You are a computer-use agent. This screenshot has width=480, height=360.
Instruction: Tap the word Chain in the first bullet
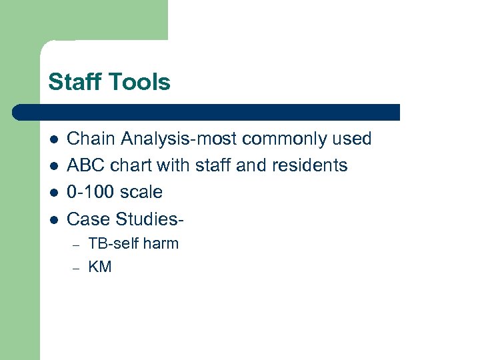click(88, 139)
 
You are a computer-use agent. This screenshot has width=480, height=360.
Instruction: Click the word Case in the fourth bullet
click(89, 219)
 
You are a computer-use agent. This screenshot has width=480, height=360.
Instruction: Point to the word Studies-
click(151, 219)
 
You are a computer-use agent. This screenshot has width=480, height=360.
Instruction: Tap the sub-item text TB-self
click(114, 244)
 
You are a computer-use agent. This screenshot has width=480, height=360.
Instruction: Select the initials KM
click(100, 267)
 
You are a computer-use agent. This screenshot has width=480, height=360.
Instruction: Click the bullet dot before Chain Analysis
click(53, 139)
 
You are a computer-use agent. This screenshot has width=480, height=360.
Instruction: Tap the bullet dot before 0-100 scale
click(53, 193)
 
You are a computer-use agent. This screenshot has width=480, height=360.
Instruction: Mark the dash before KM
click(76, 268)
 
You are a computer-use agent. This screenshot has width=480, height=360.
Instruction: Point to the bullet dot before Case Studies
click(53, 219)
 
